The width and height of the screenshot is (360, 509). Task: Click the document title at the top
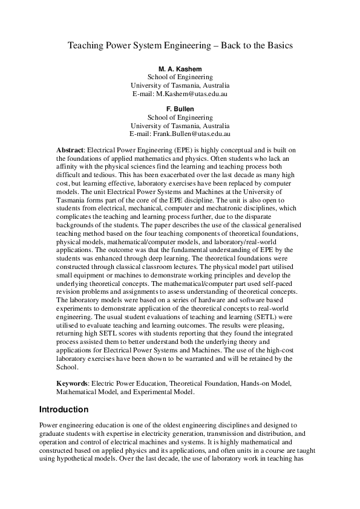coord(180,45)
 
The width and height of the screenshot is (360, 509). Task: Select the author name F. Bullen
coord(180,108)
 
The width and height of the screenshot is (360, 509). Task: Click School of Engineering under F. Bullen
coord(180,117)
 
